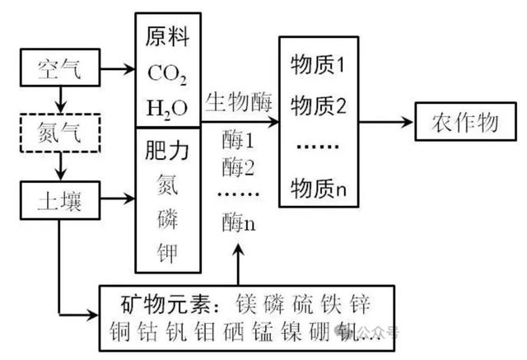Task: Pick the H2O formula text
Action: point(167,108)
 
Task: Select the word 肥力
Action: point(168,151)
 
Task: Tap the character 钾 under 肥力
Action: point(168,249)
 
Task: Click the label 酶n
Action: point(238,220)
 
